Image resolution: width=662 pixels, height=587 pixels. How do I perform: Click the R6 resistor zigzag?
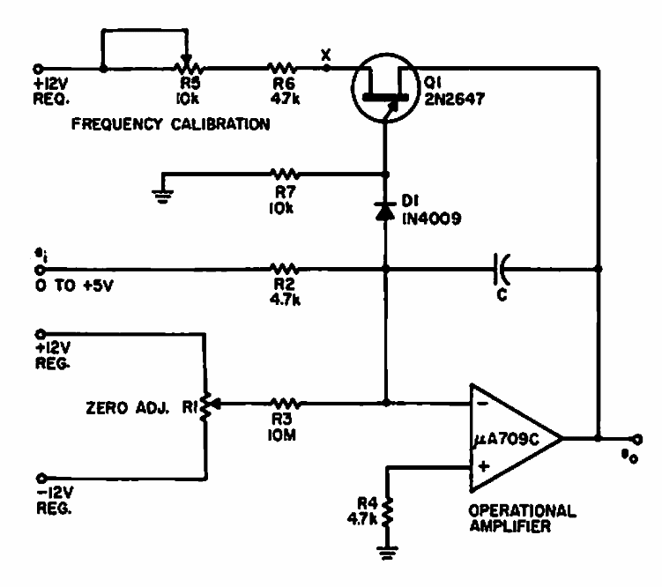pyautogui.click(x=281, y=66)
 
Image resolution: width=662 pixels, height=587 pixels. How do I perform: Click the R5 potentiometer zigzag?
pyautogui.click(x=187, y=66)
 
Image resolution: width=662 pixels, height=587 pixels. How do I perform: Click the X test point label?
pyautogui.click(x=327, y=54)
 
